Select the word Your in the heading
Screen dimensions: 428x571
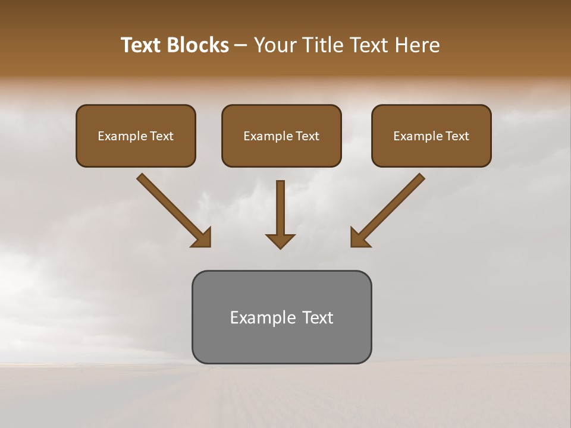point(274,45)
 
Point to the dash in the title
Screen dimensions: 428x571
point(241,46)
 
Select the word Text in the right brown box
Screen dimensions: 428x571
point(457,136)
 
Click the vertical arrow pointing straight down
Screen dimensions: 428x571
point(280,208)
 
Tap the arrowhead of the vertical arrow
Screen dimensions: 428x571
point(280,241)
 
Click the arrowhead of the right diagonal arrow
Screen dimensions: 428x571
point(359,238)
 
